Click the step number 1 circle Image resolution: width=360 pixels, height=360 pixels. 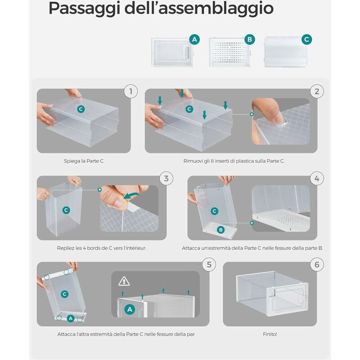(130, 92)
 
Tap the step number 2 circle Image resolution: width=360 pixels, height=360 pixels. (317, 92)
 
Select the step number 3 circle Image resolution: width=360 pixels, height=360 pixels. (166, 179)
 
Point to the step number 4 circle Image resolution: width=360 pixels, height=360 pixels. (317, 179)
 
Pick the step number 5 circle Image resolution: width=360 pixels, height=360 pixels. (209, 265)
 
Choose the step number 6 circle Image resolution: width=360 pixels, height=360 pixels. (317, 265)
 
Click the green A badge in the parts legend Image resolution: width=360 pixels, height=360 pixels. (194, 40)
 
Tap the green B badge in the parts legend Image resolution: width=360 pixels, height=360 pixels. (250, 40)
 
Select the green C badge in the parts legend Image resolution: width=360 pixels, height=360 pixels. (306, 40)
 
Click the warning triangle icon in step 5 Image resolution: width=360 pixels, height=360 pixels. (123, 281)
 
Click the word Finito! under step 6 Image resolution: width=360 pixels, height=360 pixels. (270, 334)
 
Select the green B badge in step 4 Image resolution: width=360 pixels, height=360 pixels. (220, 229)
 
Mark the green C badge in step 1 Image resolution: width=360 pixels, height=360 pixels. (81, 109)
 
